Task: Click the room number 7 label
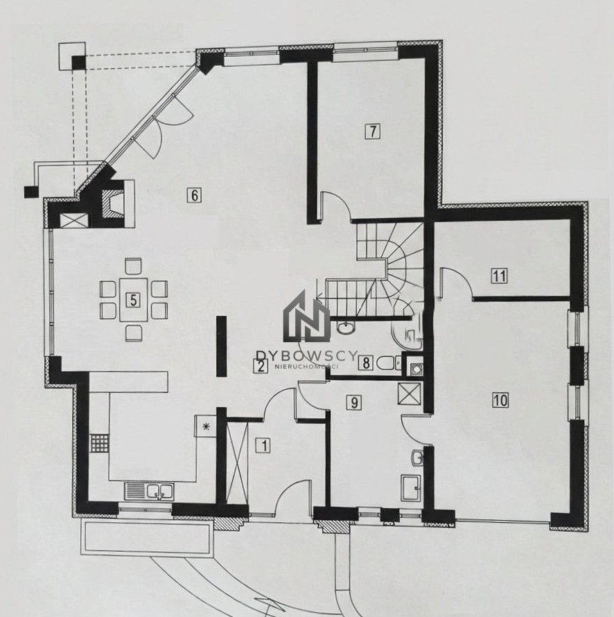pyautogui.click(x=372, y=131)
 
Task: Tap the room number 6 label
pyautogui.click(x=194, y=195)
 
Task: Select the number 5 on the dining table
pyautogui.click(x=133, y=301)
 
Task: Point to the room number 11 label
pyautogui.click(x=499, y=276)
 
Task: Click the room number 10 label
pyautogui.click(x=500, y=400)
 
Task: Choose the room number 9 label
pyautogui.click(x=353, y=402)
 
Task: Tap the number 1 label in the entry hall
pyautogui.click(x=264, y=446)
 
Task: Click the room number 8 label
pyautogui.click(x=366, y=363)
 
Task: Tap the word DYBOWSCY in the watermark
pyautogui.click(x=306, y=356)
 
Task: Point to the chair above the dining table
pyautogui.click(x=133, y=267)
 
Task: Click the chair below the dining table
pyautogui.click(x=133, y=333)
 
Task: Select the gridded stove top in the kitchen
pyautogui.click(x=99, y=443)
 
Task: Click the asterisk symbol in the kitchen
pyautogui.click(x=205, y=426)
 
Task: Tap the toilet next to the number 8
pyautogui.click(x=388, y=363)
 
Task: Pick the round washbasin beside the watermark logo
pyautogui.click(x=347, y=327)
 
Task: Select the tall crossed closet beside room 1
pyautogui.click(x=238, y=462)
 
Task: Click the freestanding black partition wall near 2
pyautogui.click(x=221, y=347)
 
